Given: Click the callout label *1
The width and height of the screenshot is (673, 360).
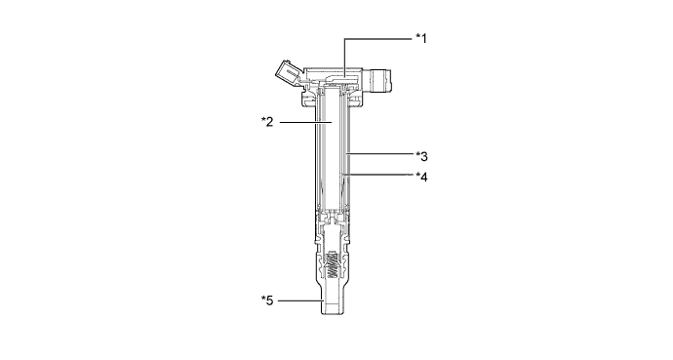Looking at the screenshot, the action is click(421, 39).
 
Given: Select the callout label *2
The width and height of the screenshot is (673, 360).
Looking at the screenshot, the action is click(267, 122).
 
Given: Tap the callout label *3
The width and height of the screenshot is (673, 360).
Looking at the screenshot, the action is click(421, 157).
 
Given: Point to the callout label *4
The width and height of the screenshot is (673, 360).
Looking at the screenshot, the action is click(421, 177).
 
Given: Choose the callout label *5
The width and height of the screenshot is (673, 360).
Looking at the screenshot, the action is click(267, 300).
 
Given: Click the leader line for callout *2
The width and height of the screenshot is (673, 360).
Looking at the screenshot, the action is click(307, 122).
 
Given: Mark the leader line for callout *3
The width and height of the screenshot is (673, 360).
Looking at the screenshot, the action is click(379, 153).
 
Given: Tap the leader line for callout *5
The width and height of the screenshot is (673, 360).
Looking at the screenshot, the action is click(300, 300).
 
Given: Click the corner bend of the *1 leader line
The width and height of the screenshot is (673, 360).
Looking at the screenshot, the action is click(344, 39).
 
